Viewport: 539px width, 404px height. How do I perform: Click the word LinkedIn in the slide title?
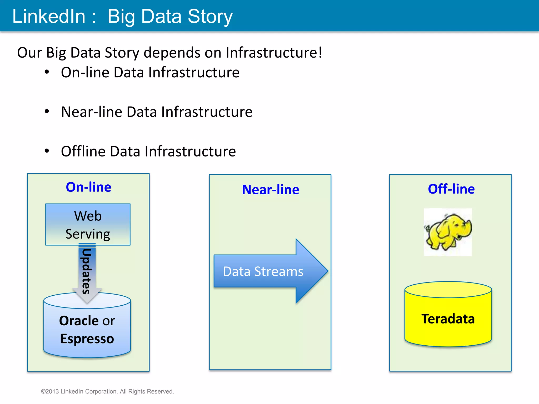pyautogui.click(x=49, y=16)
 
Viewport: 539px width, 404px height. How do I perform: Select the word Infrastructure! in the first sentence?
pyautogui.click(x=274, y=53)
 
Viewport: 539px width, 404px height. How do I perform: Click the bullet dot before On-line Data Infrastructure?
pyautogui.click(x=47, y=72)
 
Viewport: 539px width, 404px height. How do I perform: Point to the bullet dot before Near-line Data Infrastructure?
pyautogui.click(x=47, y=112)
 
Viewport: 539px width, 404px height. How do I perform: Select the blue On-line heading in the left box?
pyautogui.click(x=88, y=187)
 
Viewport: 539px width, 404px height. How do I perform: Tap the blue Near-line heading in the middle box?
pyautogui.click(x=270, y=190)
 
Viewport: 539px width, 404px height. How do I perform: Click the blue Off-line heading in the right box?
pyautogui.click(x=451, y=189)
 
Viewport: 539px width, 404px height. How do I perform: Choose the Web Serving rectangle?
pyautogui.click(x=88, y=224)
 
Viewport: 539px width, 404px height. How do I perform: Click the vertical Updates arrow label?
pyautogui.click(x=87, y=271)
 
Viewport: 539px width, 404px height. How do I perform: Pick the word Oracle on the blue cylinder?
pyautogui.click(x=79, y=321)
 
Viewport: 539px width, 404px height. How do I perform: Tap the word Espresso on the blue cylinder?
pyautogui.click(x=87, y=339)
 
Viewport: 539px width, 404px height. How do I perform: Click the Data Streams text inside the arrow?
pyautogui.click(x=263, y=271)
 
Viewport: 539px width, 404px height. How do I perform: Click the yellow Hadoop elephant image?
pyautogui.click(x=448, y=232)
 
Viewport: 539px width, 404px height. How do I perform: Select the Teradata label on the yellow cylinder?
pyautogui.click(x=448, y=319)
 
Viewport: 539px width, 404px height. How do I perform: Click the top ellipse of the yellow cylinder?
pyautogui.click(x=448, y=290)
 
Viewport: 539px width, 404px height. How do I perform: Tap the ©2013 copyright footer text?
pyautogui.click(x=107, y=391)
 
